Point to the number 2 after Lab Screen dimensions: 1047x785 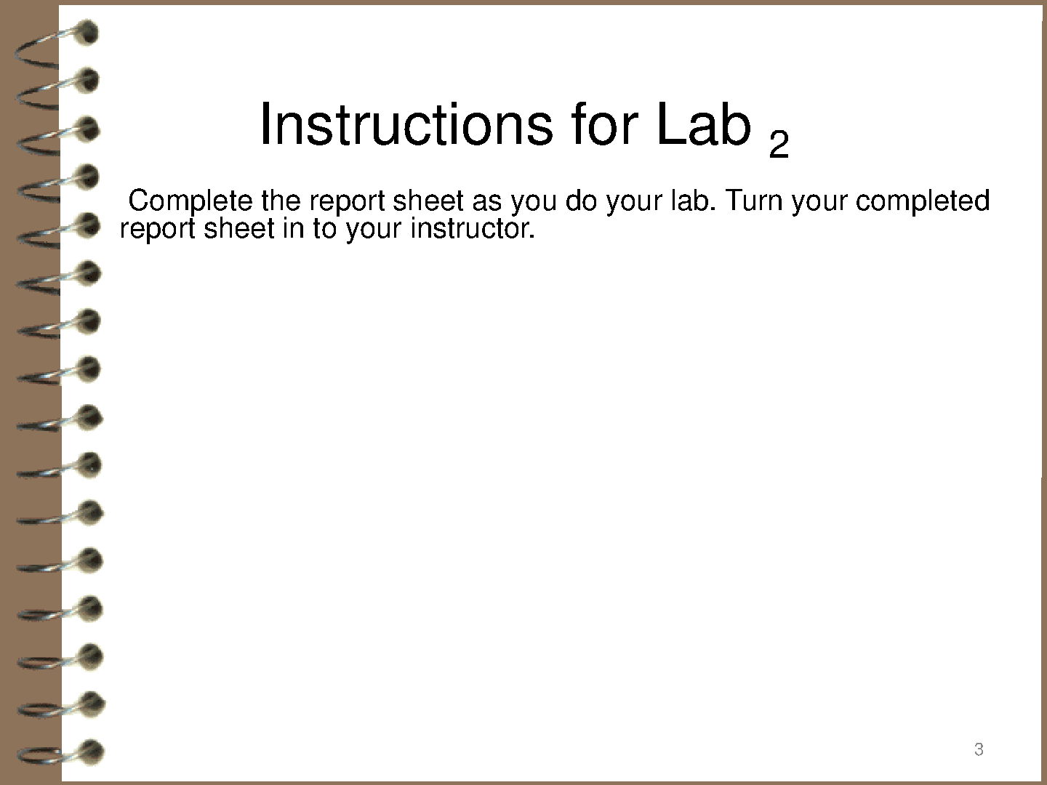click(779, 143)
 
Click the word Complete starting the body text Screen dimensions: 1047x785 click(190, 201)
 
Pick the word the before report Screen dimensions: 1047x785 click(281, 201)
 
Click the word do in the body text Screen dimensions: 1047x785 click(581, 201)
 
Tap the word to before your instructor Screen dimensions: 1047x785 click(325, 230)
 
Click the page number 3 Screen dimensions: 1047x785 click(979, 749)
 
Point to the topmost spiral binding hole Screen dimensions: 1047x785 click(86, 33)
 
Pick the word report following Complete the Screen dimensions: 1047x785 click(348, 203)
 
